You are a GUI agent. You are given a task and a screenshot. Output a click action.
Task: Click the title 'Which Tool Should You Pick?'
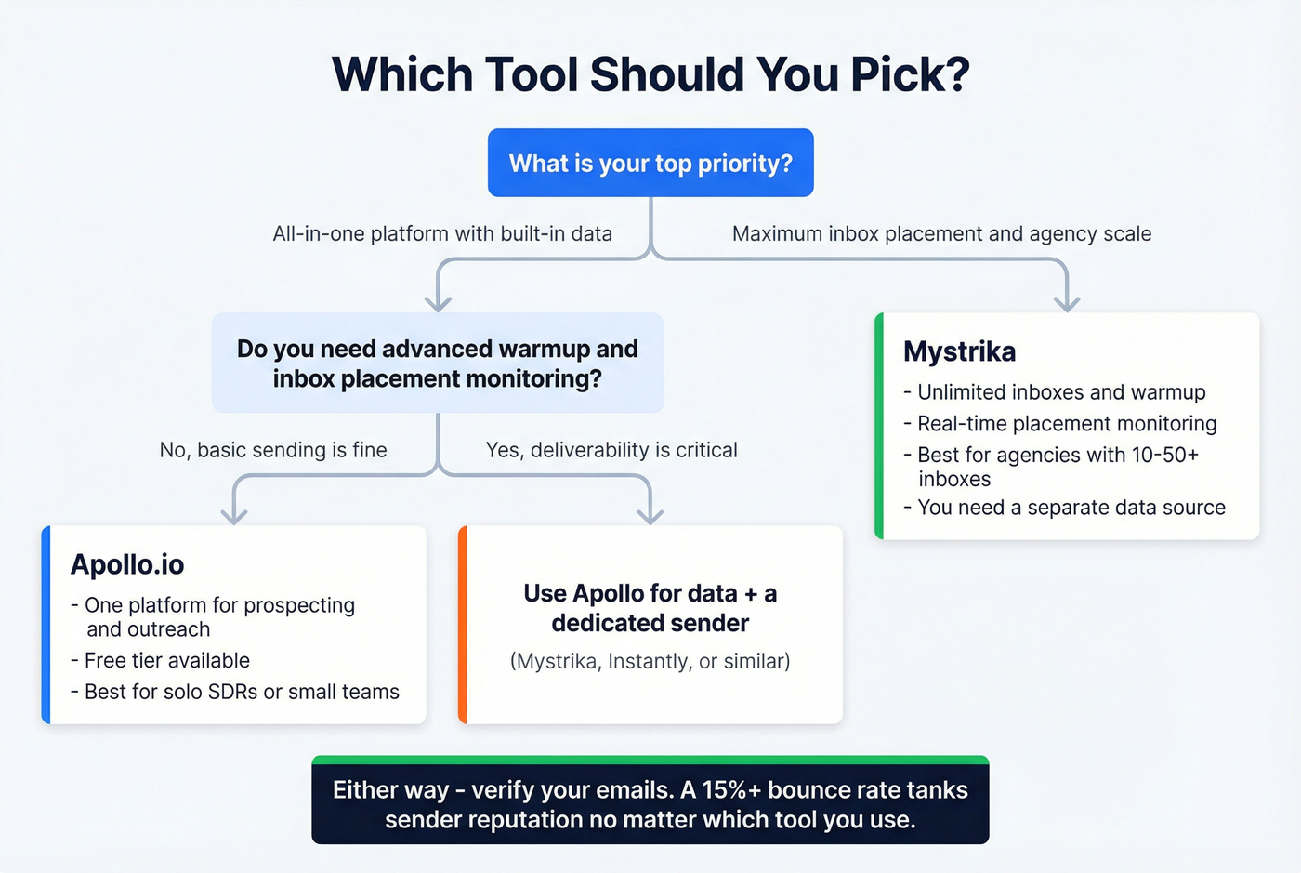tap(650, 74)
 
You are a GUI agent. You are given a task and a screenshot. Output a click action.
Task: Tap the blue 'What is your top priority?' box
tap(650, 163)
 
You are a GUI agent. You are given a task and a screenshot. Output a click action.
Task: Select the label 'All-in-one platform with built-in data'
tap(442, 233)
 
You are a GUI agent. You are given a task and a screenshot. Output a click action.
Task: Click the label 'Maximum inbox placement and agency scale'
tap(941, 233)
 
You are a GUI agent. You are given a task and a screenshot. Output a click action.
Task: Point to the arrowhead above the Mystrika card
tap(1067, 302)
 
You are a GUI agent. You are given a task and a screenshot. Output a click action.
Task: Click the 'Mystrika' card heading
tap(959, 351)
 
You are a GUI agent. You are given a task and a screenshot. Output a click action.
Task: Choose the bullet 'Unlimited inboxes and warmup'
tap(1061, 392)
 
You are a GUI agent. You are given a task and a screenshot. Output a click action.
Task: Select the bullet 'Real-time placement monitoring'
tap(1067, 424)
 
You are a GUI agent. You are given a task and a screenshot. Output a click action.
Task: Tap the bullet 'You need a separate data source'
tap(1071, 508)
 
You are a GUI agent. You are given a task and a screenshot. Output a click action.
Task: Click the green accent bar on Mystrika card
tap(879, 426)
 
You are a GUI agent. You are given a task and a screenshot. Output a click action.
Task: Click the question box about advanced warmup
tap(438, 363)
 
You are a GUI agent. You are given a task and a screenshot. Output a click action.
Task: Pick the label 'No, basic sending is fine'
tap(273, 450)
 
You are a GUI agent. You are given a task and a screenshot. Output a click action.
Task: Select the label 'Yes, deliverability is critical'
tap(611, 450)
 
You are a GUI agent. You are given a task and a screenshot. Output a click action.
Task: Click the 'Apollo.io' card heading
tap(127, 564)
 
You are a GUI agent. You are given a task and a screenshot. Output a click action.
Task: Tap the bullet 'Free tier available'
tap(166, 660)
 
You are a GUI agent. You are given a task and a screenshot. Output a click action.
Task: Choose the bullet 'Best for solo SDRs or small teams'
tap(242, 692)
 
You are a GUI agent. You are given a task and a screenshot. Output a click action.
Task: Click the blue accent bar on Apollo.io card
tap(46, 625)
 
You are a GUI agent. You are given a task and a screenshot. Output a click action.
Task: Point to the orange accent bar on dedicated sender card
tap(463, 625)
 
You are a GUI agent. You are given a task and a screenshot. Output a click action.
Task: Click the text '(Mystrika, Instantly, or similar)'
tap(650, 661)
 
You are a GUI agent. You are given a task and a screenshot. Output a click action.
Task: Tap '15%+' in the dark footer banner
tap(731, 789)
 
